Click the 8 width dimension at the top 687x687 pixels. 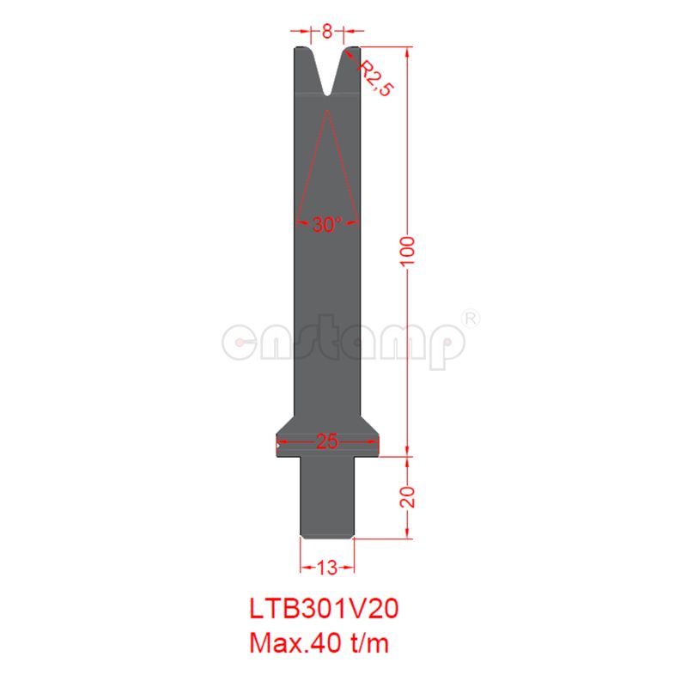click(327, 33)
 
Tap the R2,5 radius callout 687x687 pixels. click(374, 78)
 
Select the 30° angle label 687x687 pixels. click(326, 225)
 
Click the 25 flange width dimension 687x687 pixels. click(326, 442)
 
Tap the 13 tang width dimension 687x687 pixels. click(327, 567)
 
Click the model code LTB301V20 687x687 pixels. click(324, 608)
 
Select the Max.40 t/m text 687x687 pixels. click(324, 641)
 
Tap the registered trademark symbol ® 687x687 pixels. click(471, 318)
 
